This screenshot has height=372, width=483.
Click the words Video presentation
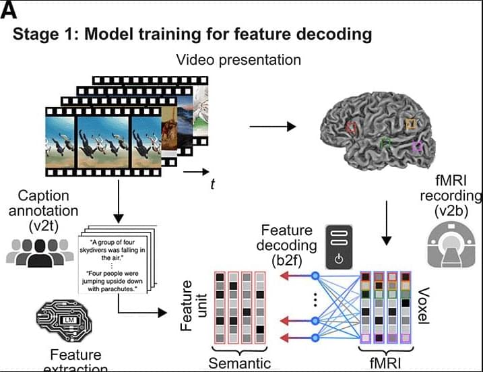pos(238,60)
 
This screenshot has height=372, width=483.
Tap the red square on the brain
pos(350,126)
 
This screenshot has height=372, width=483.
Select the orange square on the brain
pos(411,123)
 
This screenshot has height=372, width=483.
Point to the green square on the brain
pos(385,142)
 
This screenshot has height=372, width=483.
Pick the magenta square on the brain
pos(418,146)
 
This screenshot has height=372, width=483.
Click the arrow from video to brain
pos(272,126)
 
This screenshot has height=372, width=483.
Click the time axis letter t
pos(212,184)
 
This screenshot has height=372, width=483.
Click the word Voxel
pos(423,305)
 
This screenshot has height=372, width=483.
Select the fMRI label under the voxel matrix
pos(382,365)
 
